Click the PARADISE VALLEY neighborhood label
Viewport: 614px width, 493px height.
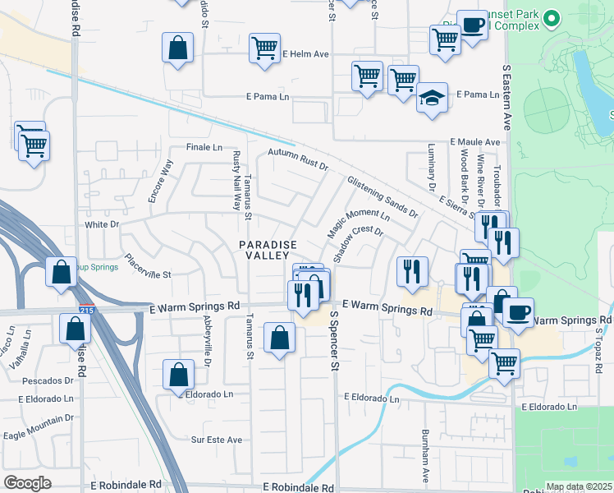tap(266, 251)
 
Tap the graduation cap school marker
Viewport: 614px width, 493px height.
tap(432, 98)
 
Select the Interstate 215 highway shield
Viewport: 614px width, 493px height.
tap(86, 310)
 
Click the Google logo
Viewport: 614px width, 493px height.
tap(27, 483)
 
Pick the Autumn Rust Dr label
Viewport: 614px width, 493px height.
tap(298, 160)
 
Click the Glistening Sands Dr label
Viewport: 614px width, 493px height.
tap(383, 197)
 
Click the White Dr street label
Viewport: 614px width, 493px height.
tap(102, 223)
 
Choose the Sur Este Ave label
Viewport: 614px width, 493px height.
tap(217, 440)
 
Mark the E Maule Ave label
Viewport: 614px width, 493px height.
tap(474, 141)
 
